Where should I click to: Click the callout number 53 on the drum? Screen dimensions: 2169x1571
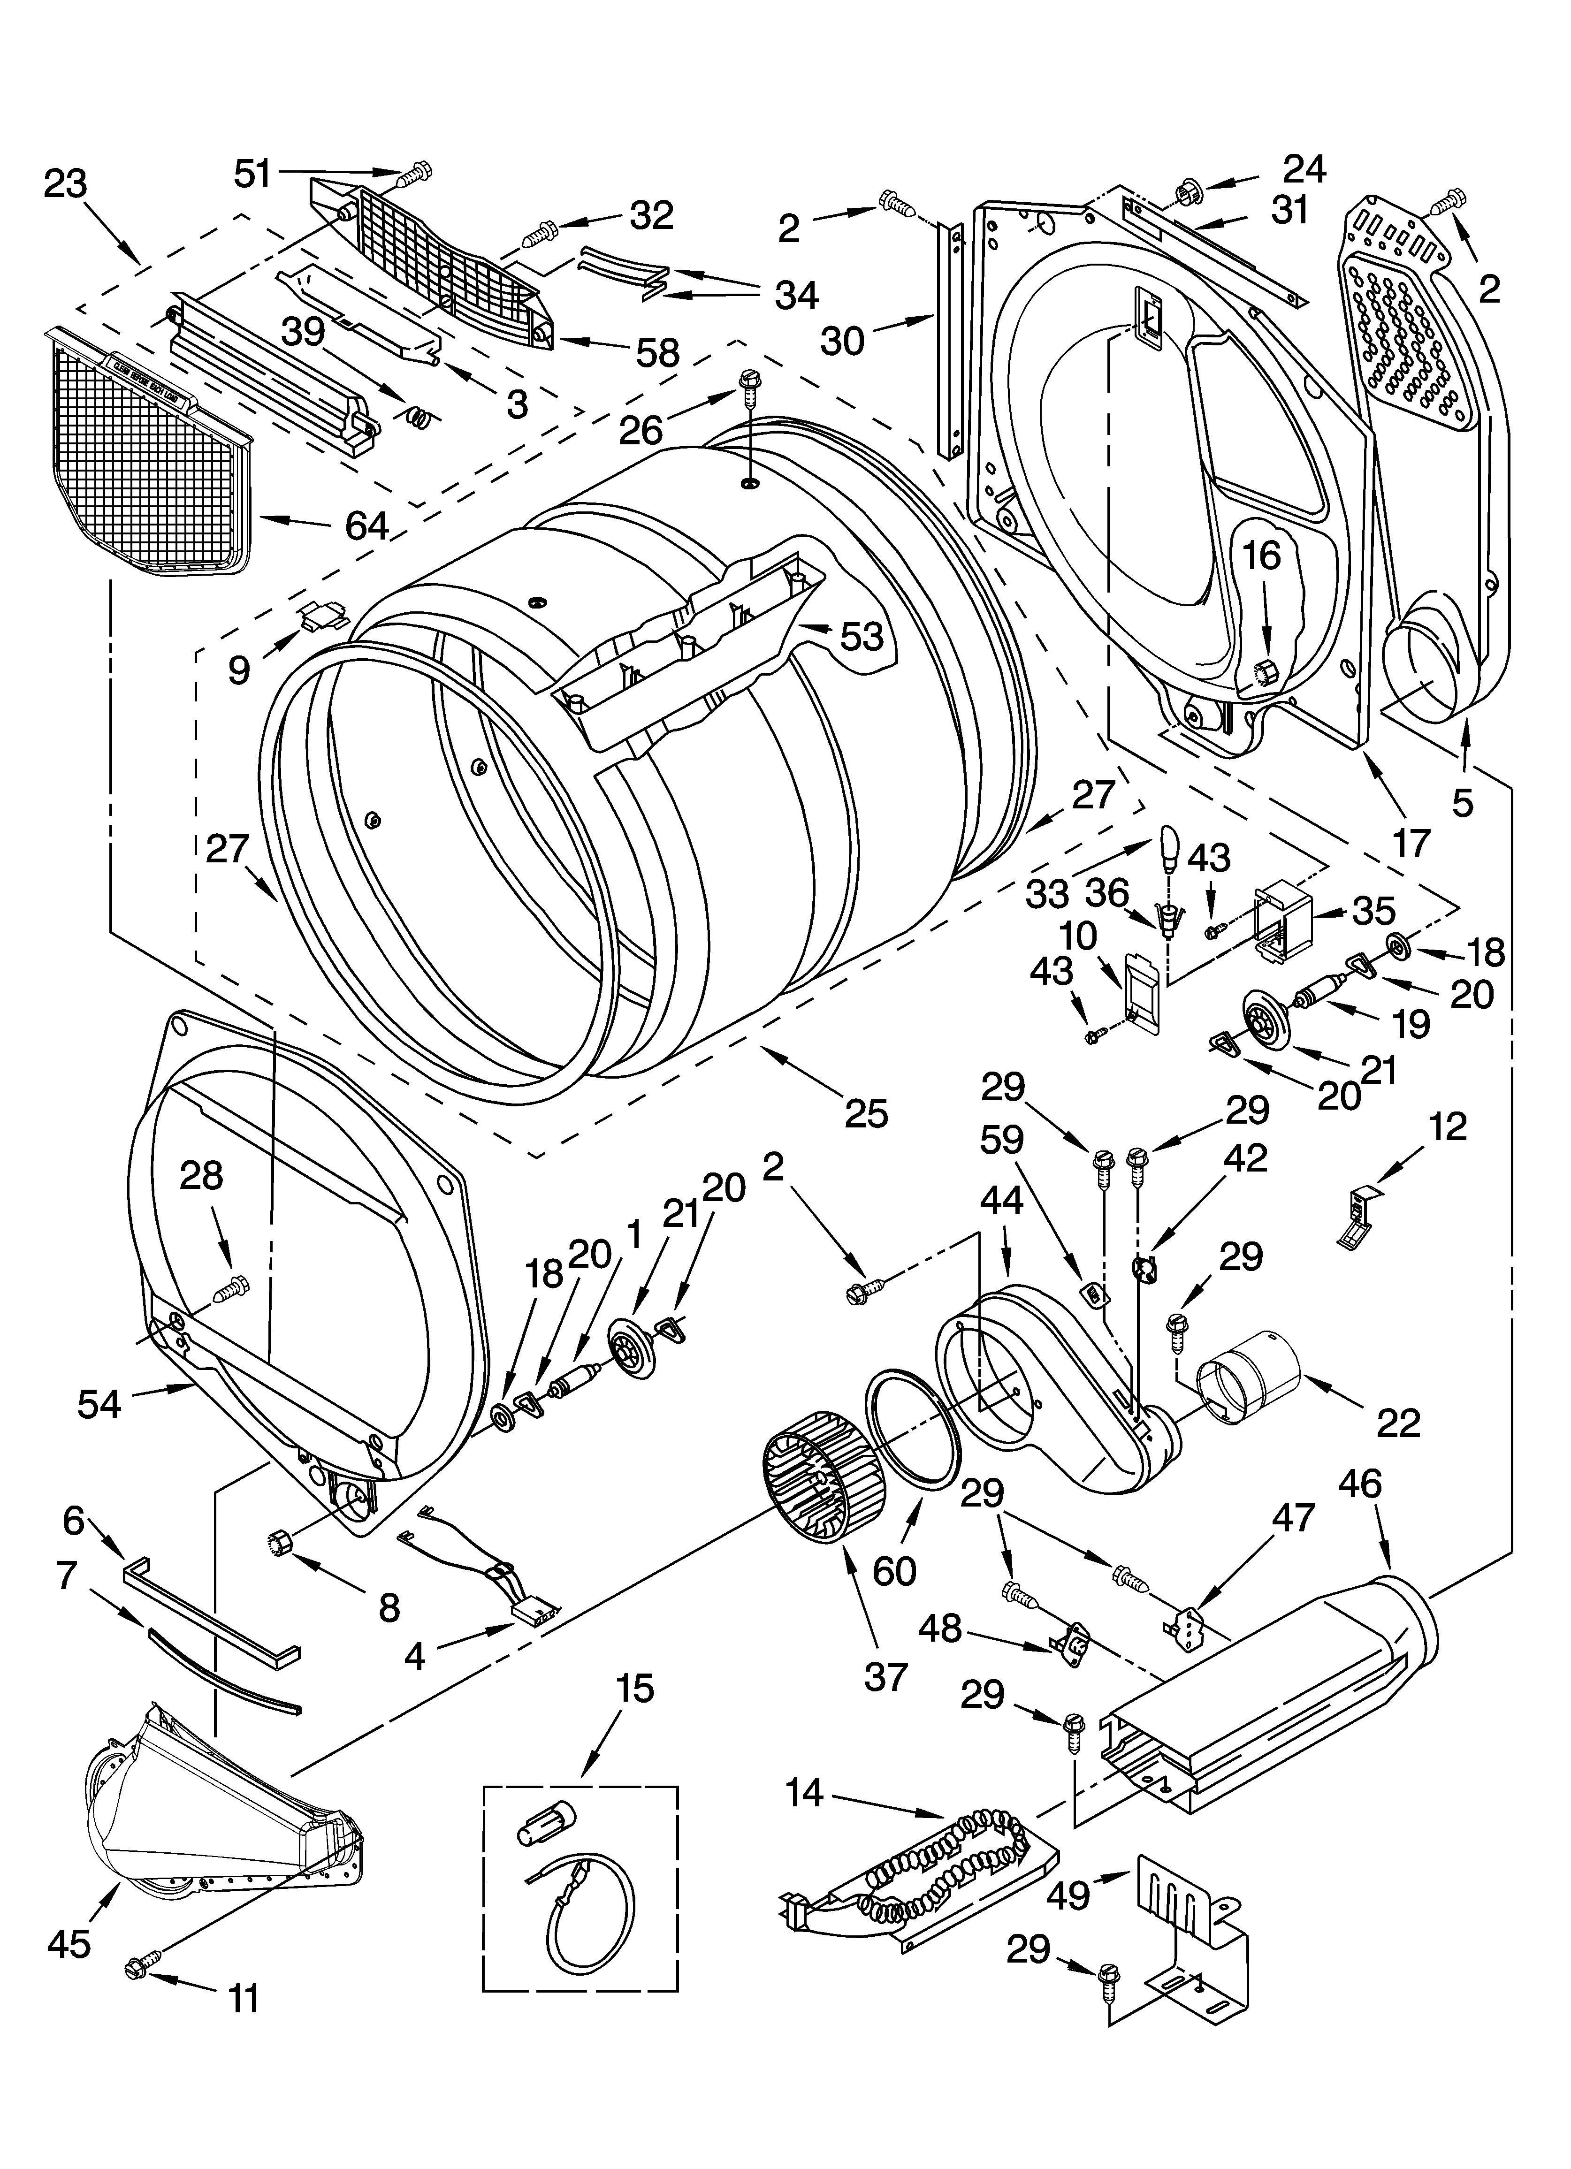[x=861, y=636]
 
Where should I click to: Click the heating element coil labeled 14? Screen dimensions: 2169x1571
[x=942, y=1860]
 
